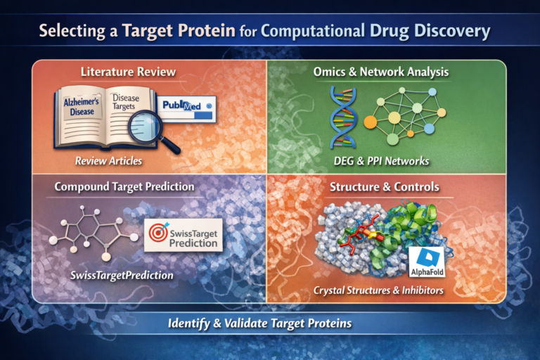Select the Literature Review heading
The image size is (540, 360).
[128, 72]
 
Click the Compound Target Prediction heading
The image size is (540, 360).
[124, 187]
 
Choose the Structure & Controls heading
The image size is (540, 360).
[385, 187]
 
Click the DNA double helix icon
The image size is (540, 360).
[343, 117]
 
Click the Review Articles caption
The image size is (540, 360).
[108, 161]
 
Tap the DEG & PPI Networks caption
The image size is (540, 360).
[382, 161]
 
